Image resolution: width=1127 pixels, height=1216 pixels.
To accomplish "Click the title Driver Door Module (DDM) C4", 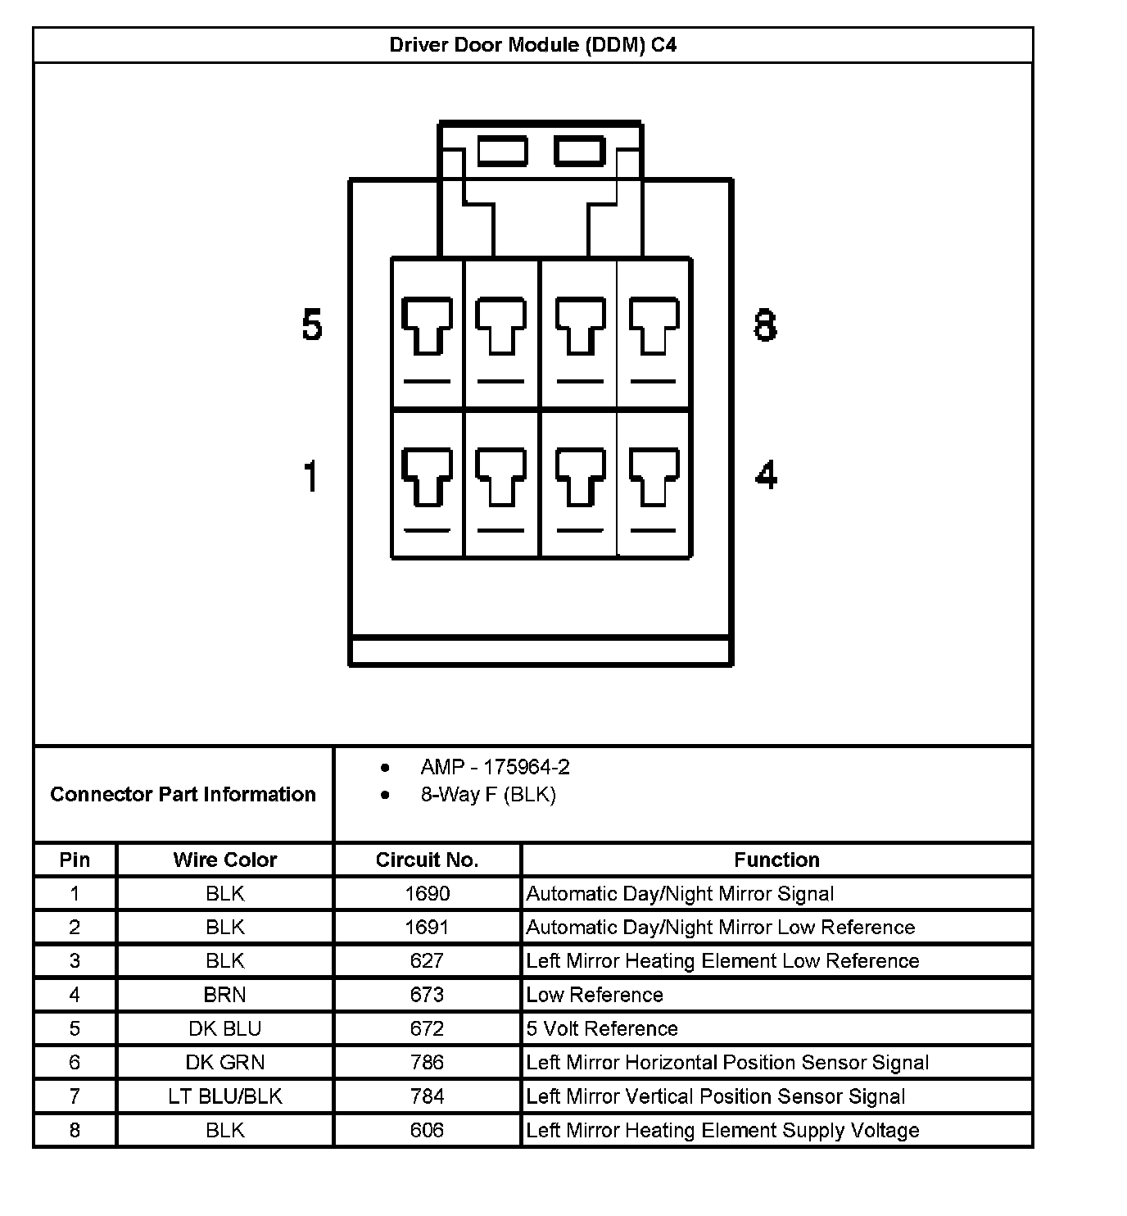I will (532, 45).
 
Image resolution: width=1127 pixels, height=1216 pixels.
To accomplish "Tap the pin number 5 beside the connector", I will (312, 324).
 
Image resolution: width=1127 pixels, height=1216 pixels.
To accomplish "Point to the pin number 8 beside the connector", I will (765, 325).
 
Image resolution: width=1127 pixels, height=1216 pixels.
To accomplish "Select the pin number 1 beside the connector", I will (311, 476).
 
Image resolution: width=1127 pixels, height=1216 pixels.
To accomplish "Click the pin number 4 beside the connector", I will (766, 475).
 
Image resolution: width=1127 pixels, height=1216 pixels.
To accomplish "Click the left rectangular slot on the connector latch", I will (502, 152).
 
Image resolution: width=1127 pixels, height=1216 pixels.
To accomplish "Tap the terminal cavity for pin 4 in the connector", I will (654, 483).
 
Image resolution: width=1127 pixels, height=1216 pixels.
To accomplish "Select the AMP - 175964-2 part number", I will (495, 767).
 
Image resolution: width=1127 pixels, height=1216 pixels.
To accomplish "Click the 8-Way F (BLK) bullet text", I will (488, 795).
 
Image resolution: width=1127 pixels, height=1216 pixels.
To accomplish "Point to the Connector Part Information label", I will (183, 794).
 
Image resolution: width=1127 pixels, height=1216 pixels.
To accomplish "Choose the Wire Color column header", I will (224, 860).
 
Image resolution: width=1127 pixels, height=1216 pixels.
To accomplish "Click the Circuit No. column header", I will (427, 860).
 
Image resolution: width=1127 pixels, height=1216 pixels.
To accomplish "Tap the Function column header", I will (776, 860).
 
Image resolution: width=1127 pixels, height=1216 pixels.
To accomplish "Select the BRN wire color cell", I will (224, 995).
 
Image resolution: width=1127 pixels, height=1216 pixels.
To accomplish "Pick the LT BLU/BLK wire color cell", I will (224, 1096).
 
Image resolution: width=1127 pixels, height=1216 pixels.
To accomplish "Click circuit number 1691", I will (427, 927).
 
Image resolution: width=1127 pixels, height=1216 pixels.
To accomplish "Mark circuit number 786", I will (427, 1062).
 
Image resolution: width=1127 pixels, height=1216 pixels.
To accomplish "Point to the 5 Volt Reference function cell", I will (602, 1028).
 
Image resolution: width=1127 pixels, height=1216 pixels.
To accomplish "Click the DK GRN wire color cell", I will (224, 1062).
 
